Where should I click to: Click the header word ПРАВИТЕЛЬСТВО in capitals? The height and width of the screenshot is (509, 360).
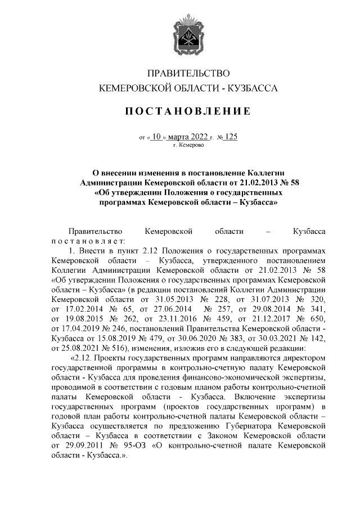click(188, 74)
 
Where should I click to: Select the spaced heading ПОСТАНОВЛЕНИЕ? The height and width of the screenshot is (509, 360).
click(188, 111)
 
